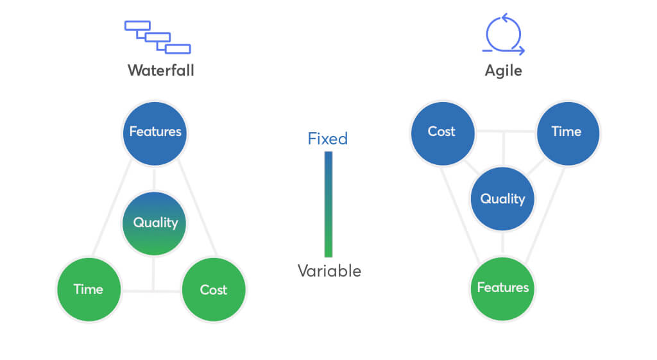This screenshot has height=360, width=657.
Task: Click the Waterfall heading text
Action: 161,71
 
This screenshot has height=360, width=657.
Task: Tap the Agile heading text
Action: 503,71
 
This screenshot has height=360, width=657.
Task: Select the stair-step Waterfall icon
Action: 158,37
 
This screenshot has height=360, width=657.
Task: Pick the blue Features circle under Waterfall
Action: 155,133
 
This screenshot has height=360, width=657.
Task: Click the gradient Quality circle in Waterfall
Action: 154,223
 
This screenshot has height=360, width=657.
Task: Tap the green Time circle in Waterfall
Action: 89,289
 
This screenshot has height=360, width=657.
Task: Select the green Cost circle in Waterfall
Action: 214,289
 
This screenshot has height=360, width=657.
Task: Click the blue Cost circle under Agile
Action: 443,133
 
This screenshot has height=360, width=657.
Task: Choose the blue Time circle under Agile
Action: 568,133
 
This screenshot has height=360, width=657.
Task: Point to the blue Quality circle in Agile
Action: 502,199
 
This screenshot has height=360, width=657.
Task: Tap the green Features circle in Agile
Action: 502,289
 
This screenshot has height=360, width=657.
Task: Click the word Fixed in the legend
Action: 328,139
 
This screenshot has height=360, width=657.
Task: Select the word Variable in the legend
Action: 329,271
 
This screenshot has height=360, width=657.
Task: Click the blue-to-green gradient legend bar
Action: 328,204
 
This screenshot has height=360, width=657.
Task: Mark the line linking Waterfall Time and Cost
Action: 151,291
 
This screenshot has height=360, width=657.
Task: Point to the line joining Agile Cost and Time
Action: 506,131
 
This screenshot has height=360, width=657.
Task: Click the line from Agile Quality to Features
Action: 502,244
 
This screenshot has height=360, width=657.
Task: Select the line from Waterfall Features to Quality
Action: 154,178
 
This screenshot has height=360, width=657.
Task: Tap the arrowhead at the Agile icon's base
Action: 521,51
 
